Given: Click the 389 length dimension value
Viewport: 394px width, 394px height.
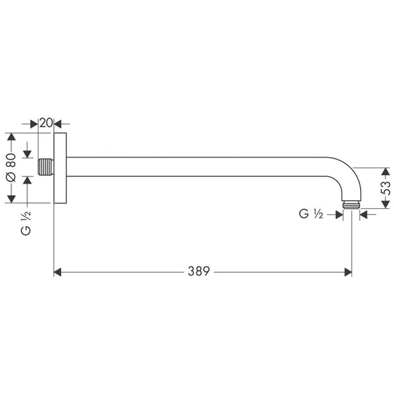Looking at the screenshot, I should (198, 272).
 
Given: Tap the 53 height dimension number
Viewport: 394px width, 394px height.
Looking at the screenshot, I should (385, 188).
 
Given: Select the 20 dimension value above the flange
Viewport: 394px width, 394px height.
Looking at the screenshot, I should (45, 122).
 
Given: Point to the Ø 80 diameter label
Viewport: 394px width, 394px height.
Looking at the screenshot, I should (11, 168).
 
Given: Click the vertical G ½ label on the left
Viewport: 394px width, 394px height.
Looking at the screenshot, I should (26, 222).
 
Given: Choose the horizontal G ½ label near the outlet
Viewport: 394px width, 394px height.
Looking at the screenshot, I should (310, 214).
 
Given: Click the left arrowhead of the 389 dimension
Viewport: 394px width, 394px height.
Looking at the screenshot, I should (57, 272).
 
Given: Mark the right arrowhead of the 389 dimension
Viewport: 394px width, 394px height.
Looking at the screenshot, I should (347, 272).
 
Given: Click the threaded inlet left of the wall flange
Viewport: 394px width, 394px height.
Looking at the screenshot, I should (45, 167).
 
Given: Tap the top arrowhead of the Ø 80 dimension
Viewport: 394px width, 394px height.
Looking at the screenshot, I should (11, 136).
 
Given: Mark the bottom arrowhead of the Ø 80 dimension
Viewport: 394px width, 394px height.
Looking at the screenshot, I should (11, 199).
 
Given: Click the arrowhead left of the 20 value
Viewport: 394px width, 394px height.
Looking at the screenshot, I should (34, 123).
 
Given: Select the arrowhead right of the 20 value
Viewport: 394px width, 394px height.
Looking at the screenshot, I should (57, 123).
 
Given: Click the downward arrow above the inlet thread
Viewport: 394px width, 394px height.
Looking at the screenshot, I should (27, 154).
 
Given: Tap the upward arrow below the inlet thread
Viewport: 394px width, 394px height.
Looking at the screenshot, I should (27, 180).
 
